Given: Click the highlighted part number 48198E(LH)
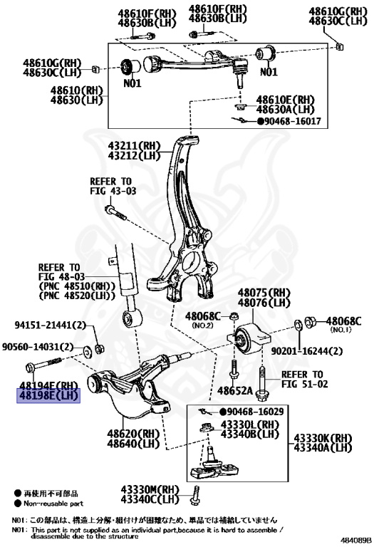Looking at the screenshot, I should (x=49, y=396).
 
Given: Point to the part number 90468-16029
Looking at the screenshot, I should (x=257, y=412).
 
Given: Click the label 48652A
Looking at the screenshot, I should (x=237, y=391).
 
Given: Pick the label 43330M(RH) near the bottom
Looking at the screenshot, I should (x=147, y=489).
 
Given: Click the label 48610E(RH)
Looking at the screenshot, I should (x=285, y=100).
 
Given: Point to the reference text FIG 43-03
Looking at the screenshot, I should (x=112, y=192).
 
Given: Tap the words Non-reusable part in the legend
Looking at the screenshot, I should (x=51, y=502).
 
